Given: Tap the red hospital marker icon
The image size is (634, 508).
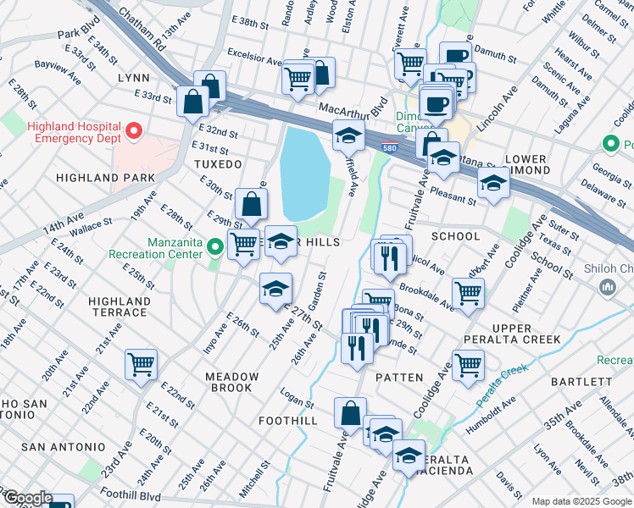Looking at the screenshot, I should pos(133,132).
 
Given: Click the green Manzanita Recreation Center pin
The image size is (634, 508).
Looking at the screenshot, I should pos(216,247).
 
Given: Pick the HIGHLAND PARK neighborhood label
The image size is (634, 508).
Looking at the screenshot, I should pos(106,178).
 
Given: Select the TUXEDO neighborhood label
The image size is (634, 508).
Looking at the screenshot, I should pos(218,163).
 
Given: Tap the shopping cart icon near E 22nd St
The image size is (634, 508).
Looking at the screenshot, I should pos(141,365).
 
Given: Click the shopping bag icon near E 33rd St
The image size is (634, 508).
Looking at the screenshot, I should pos(193,102).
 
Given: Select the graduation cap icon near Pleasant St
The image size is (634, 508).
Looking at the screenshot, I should pos(492,182).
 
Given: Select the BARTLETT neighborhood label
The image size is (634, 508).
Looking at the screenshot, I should pos(576,382).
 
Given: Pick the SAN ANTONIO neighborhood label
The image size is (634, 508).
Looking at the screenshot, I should pos(64,446).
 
